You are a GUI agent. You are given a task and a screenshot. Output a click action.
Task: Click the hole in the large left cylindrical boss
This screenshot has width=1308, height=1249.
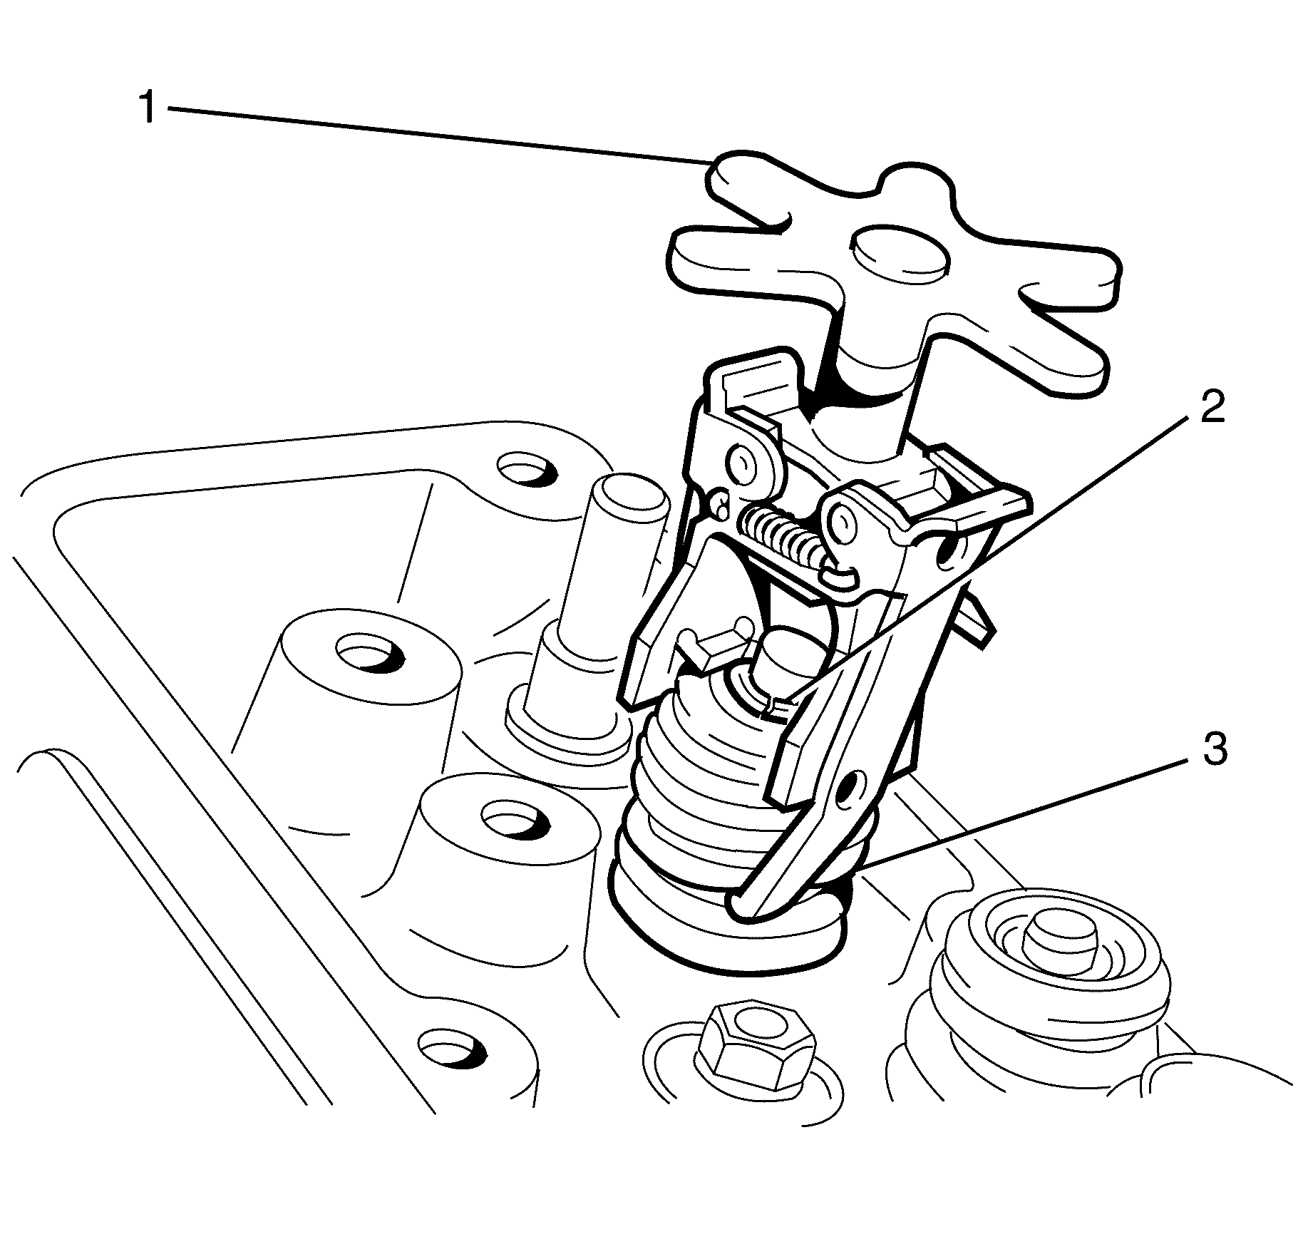[369, 653]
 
